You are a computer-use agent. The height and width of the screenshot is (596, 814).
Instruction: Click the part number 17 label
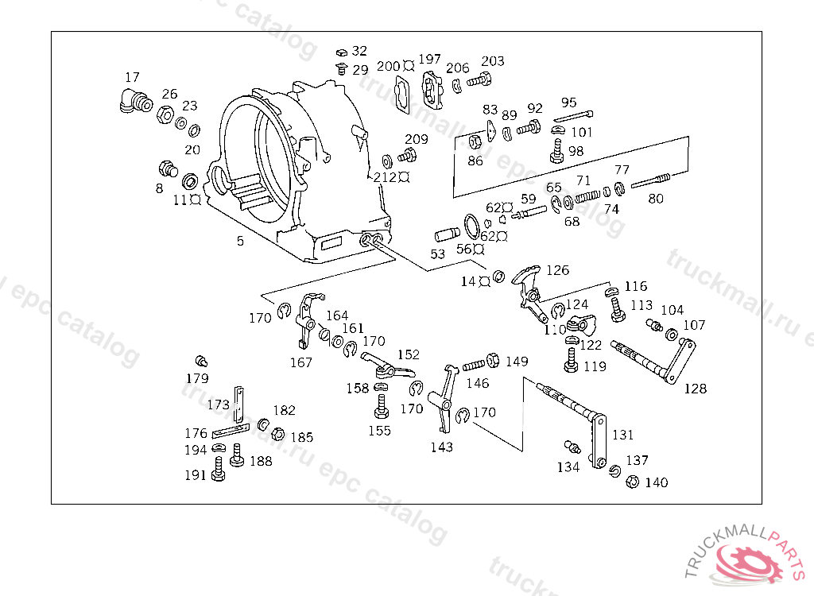pyautogui.click(x=132, y=77)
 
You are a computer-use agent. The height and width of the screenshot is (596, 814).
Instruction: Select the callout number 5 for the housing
pyautogui.click(x=240, y=240)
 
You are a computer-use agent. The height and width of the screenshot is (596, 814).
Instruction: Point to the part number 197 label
pyautogui.click(x=429, y=59)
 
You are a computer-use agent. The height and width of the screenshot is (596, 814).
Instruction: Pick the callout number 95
pyautogui.click(x=568, y=103)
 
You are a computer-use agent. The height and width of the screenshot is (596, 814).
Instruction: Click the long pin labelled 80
pyautogui.click(x=653, y=182)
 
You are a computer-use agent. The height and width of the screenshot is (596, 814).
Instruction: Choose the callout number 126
pyautogui.click(x=557, y=270)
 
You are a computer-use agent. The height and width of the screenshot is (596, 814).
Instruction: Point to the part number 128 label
pyautogui.click(x=695, y=389)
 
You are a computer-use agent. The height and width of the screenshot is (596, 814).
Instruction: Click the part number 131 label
pyautogui.click(x=622, y=435)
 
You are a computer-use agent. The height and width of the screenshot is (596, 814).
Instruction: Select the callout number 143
pyautogui.click(x=441, y=447)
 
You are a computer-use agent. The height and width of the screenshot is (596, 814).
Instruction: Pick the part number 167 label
pyautogui.click(x=300, y=362)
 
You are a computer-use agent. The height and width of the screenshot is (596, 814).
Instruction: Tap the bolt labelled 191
pyautogui.click(x=219, y=474)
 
